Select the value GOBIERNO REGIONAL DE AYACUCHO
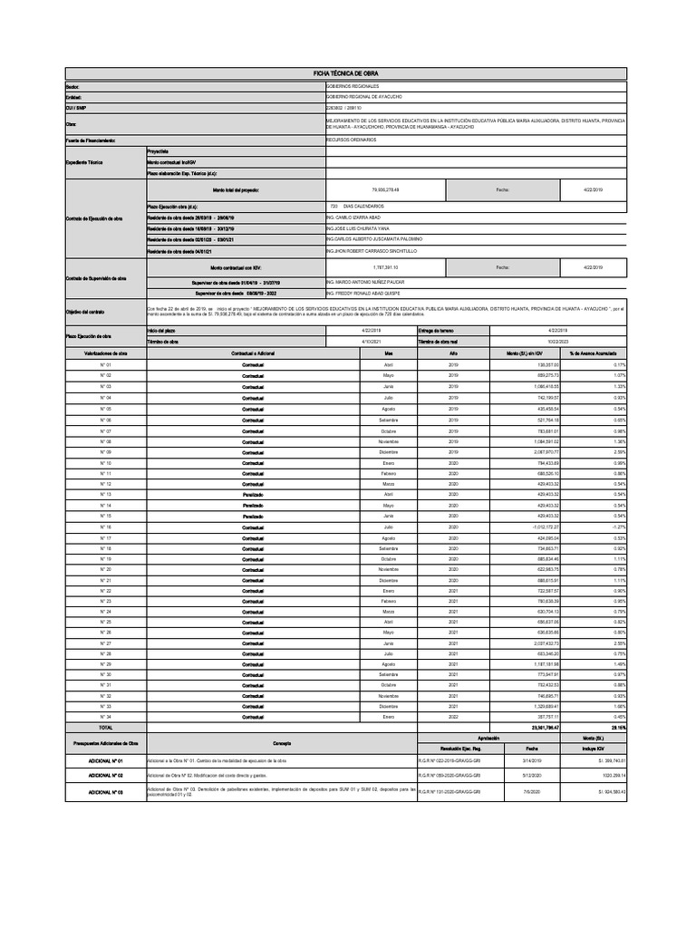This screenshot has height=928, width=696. (x=364, y=96)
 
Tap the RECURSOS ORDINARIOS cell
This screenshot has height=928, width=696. (x=353, y=140)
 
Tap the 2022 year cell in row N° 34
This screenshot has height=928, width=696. (x=455, y=716)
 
